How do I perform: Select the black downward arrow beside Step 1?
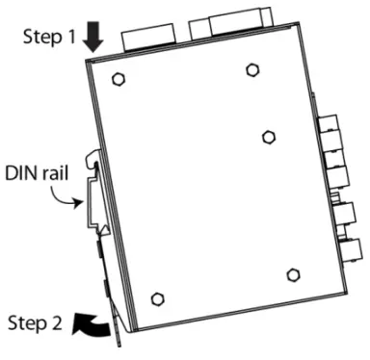tap(92, 38)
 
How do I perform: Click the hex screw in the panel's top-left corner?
tap(118, 78)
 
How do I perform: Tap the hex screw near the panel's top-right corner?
tap(251, 69)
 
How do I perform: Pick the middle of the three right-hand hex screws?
tap(269, 136)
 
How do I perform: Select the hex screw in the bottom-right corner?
tap(294, 275)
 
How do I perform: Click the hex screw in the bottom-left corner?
tap(158, 296)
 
